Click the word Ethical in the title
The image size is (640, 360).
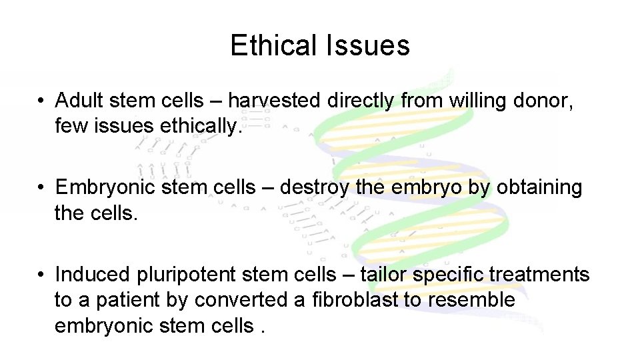pyautogui.click(x=270, y=45)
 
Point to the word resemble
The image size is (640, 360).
pyautogui.click(x=471, y=300)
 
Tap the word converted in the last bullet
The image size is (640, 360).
pyautogui.click(x=241, y=300)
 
